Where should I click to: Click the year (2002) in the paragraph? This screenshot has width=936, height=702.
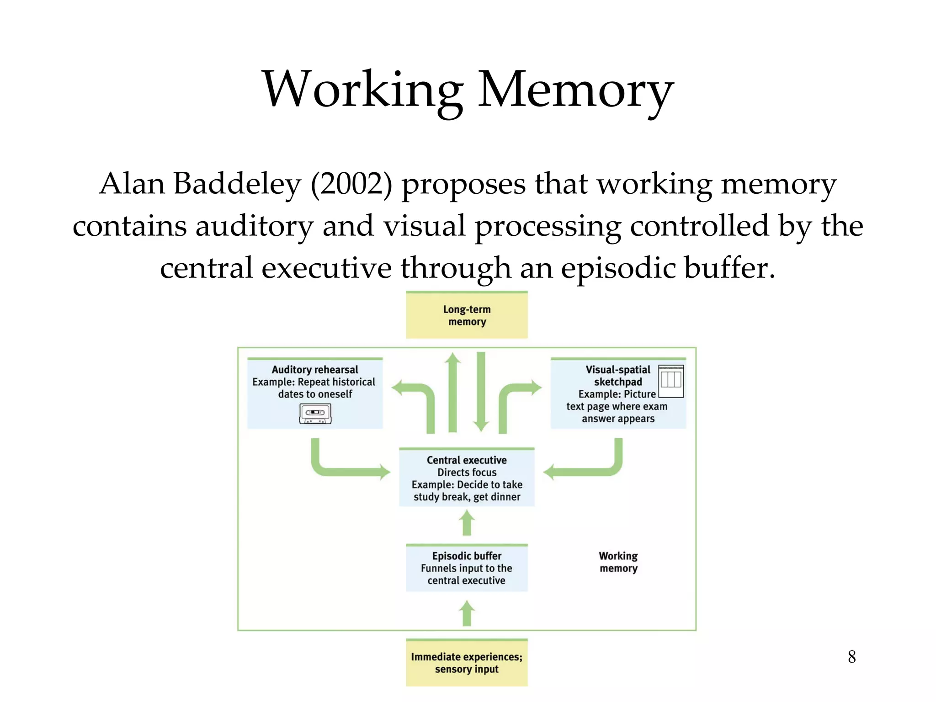pos(351,184)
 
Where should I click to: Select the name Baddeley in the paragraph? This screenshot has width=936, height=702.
pos(237,184)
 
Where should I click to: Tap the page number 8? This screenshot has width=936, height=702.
pos(851,657)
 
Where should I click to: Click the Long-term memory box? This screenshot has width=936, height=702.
pos(467,315)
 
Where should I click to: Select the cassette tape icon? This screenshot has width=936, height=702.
pos(315,413)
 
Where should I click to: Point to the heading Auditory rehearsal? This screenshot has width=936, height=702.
pos(315,369)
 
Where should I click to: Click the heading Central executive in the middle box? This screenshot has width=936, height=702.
pos(467,460)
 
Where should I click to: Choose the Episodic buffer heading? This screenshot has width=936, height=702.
pos(467,556)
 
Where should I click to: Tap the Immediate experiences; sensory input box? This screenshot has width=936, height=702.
pos(467,663)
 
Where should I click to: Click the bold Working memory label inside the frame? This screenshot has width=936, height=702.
pos(618,562)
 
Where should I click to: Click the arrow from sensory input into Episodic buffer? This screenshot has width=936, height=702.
pos(467,614)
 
